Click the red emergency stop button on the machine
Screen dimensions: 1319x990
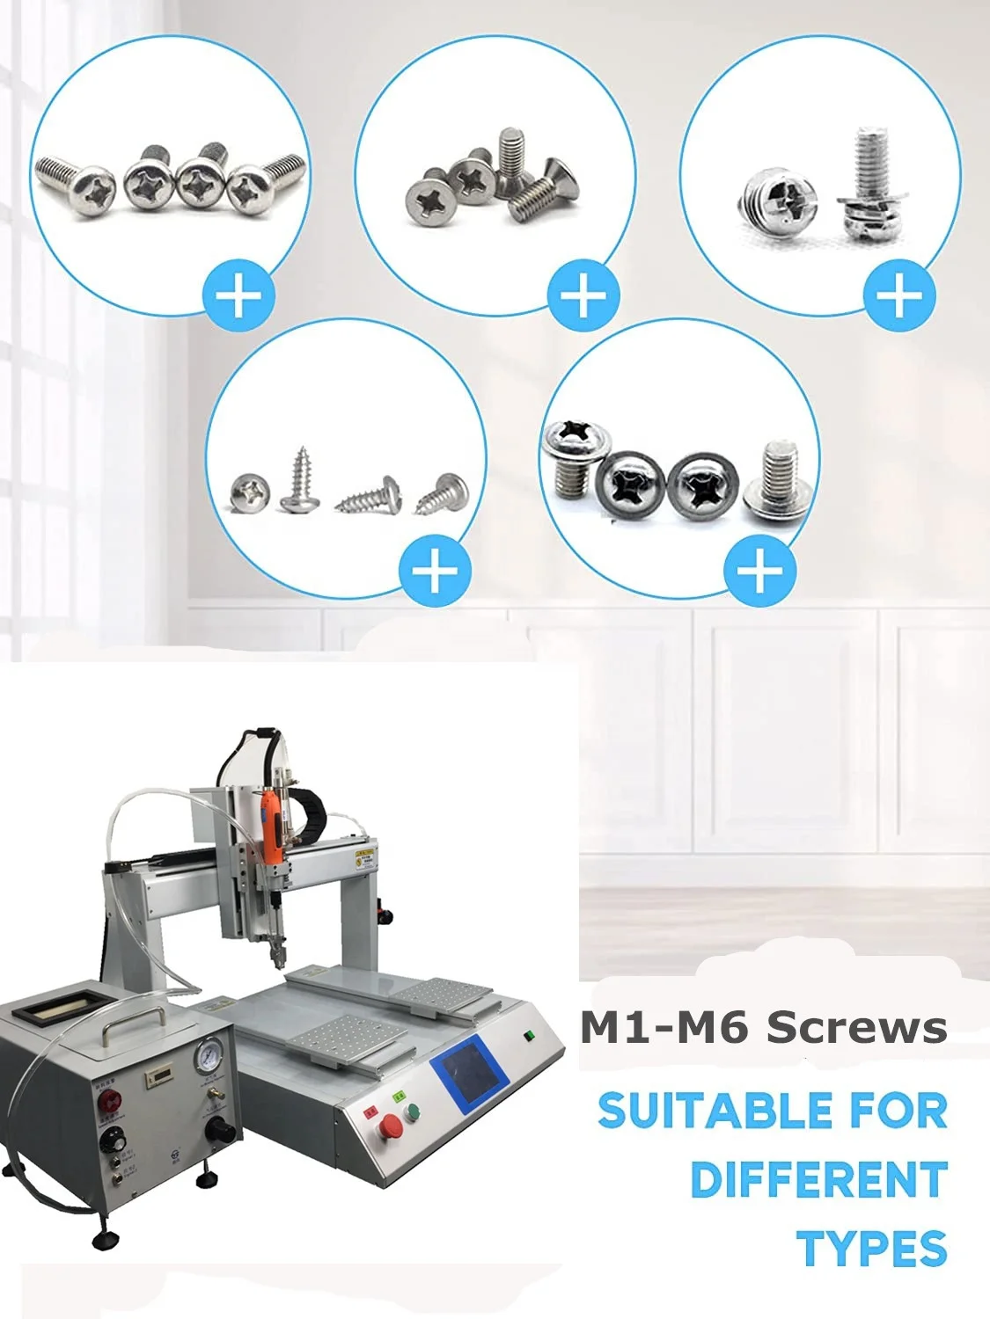point(391,1126)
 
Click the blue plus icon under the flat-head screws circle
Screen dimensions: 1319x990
point(583,295)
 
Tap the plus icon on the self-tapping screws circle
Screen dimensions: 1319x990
point(435,571)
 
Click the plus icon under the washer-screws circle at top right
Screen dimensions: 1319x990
point(898,295)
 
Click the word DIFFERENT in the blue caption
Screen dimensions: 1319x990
point(818,1180)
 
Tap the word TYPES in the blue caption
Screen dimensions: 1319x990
point(871,1249)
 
